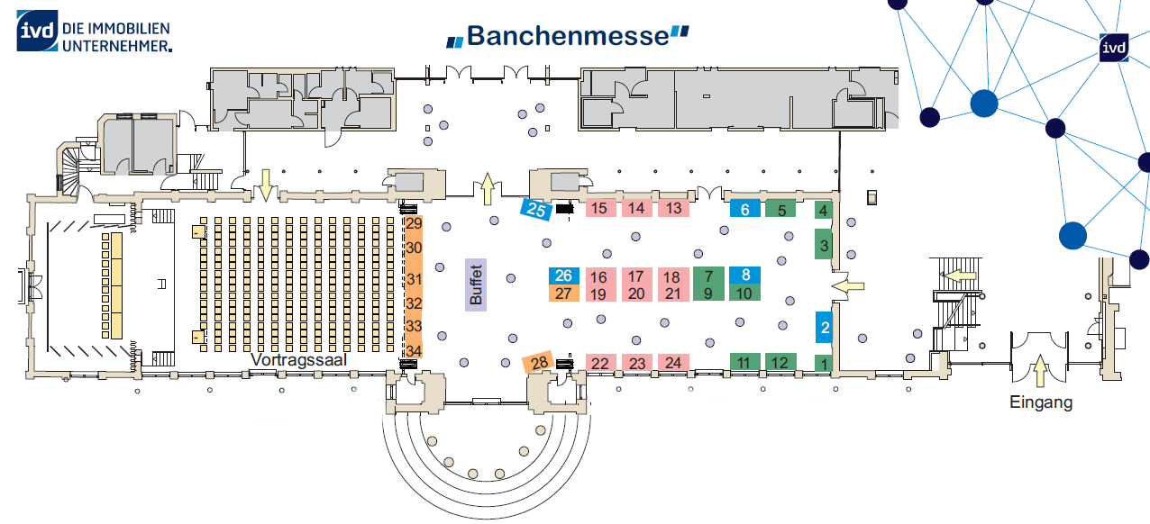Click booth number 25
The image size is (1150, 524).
coord(536,210)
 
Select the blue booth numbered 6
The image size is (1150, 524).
coord(745,209)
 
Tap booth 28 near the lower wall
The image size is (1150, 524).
coord(538,363)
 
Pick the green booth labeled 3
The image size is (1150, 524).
coord(824,246)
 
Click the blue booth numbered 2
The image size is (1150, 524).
coord(824,327)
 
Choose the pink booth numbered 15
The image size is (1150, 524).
coord(600,208)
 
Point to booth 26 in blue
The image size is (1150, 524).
coord(563,276)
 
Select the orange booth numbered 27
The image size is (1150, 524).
coord(563,294)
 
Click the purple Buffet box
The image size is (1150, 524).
coord(475,285)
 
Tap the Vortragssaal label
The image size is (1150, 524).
coord(299,360)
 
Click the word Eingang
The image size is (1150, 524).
coord(1041,402)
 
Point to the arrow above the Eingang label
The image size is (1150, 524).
coord(1040,370)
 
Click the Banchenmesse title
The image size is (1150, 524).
coord(568,36)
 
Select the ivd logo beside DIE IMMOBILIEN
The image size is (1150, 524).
coord(37,31)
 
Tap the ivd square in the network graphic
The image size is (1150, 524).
coord(1114,48)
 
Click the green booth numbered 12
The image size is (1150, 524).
coord(780,362)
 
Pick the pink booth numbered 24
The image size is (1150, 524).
coord(673,363)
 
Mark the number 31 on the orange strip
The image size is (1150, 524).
coord(414,279)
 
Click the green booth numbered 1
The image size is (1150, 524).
coord(824,363)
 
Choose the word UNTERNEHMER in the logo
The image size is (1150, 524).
coord(117,45)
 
